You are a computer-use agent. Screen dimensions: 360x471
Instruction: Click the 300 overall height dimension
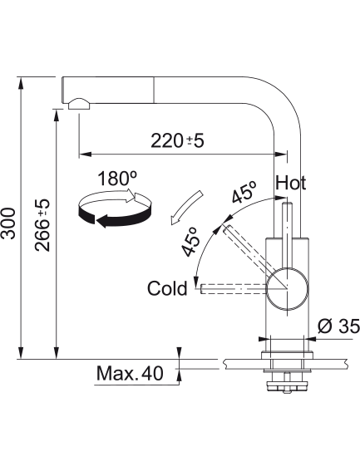pyautogui.click(x=8, y=223)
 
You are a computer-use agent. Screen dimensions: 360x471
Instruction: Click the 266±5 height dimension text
pyautogui.click(x=42, y=224)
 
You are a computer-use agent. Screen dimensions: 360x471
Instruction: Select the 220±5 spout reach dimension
pyautogui.click(x=177, y=140)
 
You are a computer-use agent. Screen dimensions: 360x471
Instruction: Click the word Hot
pyautogui.click(x=291, y=183)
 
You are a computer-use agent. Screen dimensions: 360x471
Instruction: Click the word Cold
pyautogui.click(x=167, y=288)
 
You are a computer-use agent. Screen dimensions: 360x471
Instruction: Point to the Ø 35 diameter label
pyautogui.click(x=339, y=326)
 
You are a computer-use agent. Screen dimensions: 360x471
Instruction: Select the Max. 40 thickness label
pyautogui.click(x=130, y=373)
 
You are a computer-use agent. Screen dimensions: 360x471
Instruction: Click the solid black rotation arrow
pyautogui.click(x=114, y=217)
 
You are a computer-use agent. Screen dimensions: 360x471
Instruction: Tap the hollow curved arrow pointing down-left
pyautogui.click(x=185, y=208)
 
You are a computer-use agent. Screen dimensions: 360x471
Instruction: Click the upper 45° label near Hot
pyautogui.click(x=244, y=192)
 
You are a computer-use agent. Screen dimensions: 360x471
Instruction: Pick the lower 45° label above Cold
pyautogui.click(x=190, y=242)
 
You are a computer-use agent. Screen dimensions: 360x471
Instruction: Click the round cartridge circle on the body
pyautogui.click(x=287, y=287)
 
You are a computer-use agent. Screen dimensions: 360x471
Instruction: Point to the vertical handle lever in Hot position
pyautogui.click(x=287, y=235)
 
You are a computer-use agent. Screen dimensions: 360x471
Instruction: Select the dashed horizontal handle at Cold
pyautogui.click(x=234, y=288)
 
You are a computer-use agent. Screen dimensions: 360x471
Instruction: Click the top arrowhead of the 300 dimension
pyautogui.click(x=21, y=83)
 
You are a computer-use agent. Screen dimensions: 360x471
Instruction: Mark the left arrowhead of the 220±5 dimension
pyautogui.click(x=85, y=155)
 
